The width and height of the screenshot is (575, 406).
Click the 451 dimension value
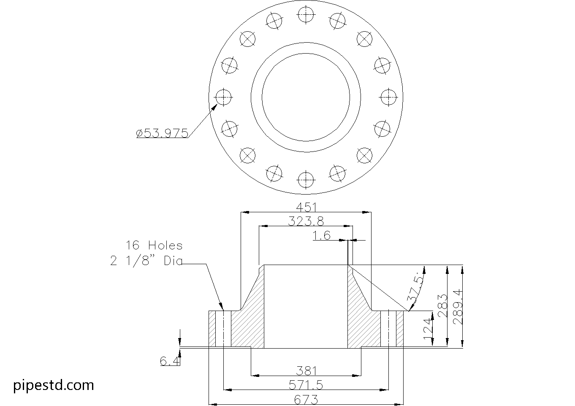(x=306, y=207)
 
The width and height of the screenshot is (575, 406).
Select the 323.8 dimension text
(x=306, y=221)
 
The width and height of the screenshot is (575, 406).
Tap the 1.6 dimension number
(x=321, y=235)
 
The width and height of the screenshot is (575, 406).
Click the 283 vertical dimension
(x=442, y=306)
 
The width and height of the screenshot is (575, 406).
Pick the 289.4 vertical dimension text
(x=458, y=307)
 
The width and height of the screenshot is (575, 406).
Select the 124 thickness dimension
(x=428, y=329)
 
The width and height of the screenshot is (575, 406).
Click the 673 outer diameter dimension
(x=306, y=400)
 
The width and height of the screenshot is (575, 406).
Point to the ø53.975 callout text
(x=162, y=133)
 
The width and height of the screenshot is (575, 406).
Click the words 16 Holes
(x=154, y=246)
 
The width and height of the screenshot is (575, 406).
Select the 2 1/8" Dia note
(x=146, y=261)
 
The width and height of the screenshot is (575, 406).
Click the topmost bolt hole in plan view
(x=306, y=14)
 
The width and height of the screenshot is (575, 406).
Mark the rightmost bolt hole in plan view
(x=389, y=97)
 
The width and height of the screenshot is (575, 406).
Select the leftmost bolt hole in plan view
(x=223, y=97)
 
